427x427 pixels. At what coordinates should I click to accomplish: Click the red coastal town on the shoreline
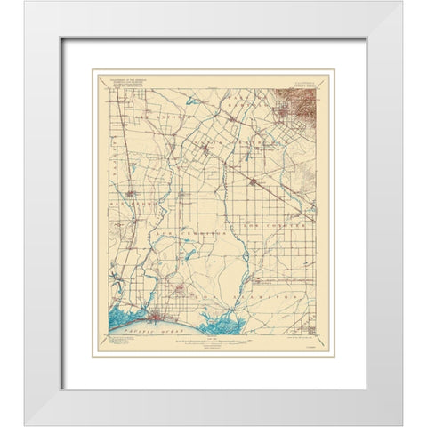point(160,316)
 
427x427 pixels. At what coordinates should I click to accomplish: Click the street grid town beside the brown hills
point(279,111)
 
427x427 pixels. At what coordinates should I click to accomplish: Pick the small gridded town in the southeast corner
point(309,321)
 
